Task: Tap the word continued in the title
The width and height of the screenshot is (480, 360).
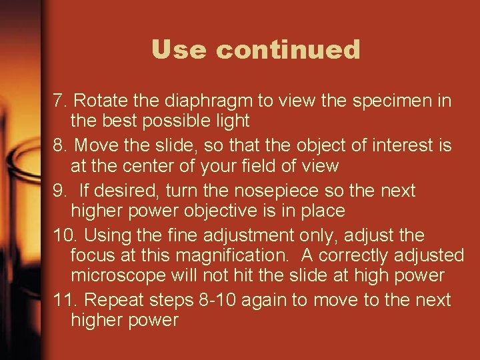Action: click(x=288, y=50)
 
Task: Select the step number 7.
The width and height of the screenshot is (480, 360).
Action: click(x=61, y=101)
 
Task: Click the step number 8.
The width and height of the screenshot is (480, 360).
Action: click(x=61, y=145)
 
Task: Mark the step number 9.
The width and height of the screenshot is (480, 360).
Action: click(x=61, y=191)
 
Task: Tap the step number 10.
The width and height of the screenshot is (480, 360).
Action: click(x=65, y=235)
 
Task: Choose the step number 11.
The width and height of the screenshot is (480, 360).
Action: click(x=65, y=300)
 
